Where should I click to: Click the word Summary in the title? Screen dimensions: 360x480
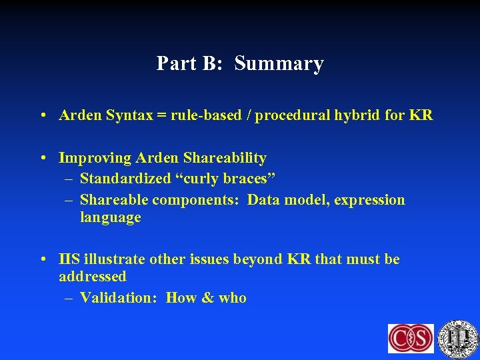click(279, 64)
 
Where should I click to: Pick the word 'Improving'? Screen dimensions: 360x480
click(95, 158)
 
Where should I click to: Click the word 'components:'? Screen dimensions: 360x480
click(197, 200)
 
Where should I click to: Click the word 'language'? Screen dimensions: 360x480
click(110, 217)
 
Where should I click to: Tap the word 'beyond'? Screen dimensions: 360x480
click(257, 259)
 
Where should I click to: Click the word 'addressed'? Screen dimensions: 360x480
click(92, 276)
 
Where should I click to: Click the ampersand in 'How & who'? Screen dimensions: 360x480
click(207, 298)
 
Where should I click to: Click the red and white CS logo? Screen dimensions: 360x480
click(411, 338)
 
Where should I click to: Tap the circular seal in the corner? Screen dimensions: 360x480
click(458, 338)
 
